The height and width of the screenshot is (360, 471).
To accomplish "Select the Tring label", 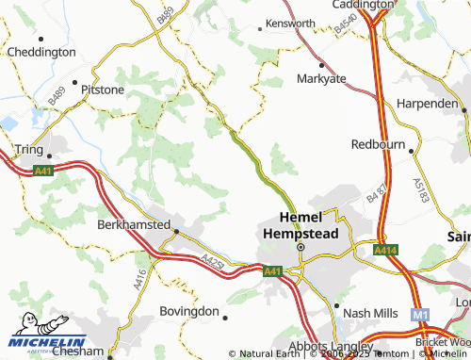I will (30, 149).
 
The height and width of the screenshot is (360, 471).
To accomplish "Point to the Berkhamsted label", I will (133, 225).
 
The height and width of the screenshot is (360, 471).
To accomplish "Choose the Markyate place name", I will (323, 79).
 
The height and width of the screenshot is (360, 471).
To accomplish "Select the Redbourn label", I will (377, 145).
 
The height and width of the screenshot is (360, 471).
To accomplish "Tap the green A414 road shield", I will (383, 250).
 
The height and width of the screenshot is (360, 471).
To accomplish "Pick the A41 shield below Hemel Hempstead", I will (272, 271).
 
